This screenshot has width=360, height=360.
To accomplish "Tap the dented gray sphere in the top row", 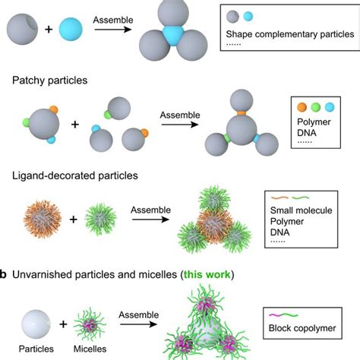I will [x=23, y=30].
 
